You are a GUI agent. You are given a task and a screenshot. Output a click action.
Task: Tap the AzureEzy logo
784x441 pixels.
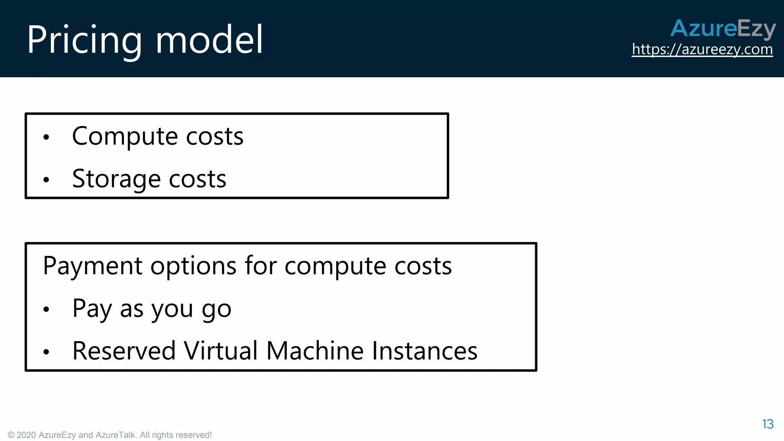tap(723, 29)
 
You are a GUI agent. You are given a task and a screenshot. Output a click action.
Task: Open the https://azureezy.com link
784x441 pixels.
tap(702, 49)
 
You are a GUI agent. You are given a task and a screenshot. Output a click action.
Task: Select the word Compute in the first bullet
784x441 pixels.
tap(125, 137)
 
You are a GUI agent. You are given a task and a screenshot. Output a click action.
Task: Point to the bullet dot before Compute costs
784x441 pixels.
tap(46, 137)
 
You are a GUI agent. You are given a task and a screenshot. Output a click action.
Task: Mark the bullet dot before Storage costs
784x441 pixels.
tap(46, 180)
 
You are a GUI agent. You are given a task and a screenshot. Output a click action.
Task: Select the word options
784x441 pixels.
tap(193, 266)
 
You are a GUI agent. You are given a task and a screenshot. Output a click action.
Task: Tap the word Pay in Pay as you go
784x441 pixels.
tap(91, 309)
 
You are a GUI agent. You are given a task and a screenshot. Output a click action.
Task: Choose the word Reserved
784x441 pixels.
tap(124, 351)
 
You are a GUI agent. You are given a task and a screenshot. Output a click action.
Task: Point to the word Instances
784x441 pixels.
tap(425, 351)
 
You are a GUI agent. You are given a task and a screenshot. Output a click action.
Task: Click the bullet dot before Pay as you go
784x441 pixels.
tap(46, 309)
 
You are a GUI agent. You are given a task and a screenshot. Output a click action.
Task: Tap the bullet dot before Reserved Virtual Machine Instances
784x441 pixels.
tap(46, 352)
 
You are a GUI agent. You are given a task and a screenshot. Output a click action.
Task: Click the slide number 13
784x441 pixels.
tap(768, 424)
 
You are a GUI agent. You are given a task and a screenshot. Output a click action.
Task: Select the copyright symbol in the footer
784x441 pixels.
tap(11, 435)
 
